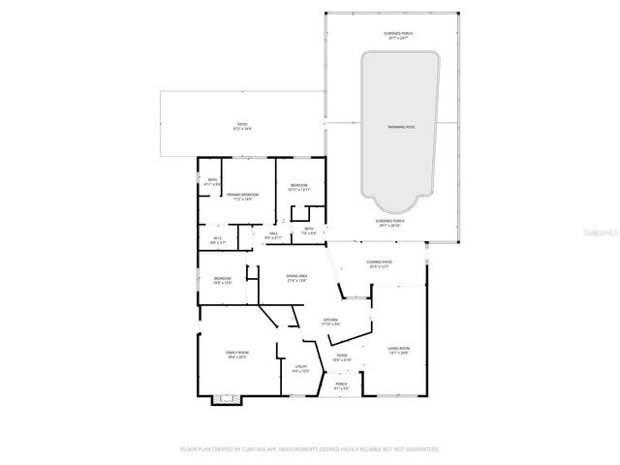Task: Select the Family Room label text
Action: click(x=236, y=355)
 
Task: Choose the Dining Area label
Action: click(x=296, y=278)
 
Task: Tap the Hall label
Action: click(x=273, y=235)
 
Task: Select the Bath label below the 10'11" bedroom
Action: click(x=308, y=231)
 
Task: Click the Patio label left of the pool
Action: click(x=242, y=125)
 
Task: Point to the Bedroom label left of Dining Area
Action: click(x=223, y=281)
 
